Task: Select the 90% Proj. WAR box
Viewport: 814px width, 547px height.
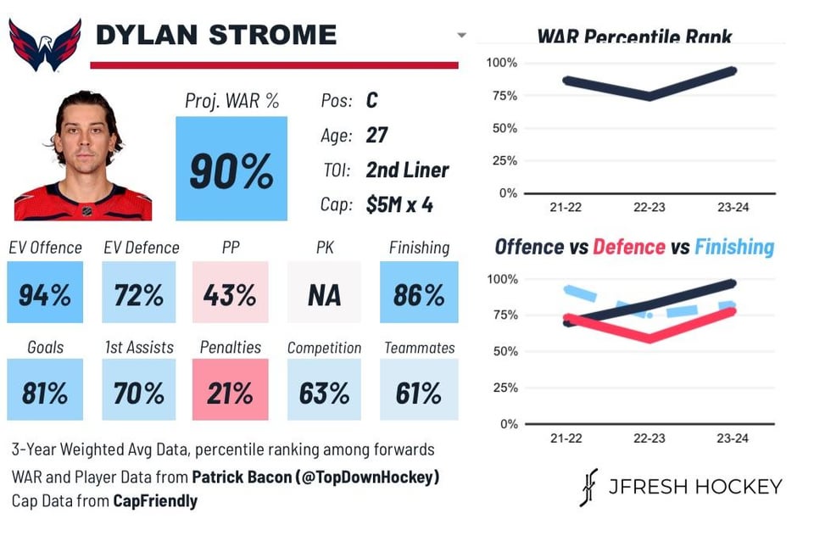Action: (231, 169)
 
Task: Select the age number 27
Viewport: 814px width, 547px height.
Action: (377, 135)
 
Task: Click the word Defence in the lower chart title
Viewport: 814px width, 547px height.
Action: (628, 247)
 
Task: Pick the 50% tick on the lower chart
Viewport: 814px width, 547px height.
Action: (504, 351)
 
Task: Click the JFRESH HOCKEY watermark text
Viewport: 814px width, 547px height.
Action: (695, 487)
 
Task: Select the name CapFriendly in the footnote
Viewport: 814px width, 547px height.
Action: (155, 501)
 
